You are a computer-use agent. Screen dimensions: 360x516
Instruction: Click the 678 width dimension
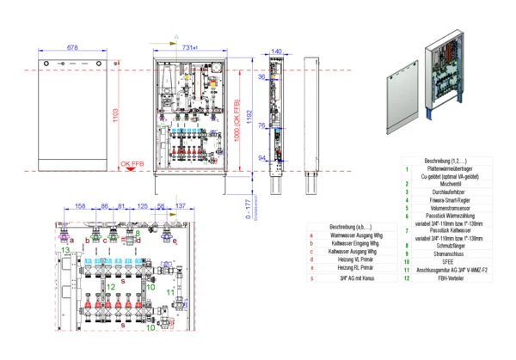pyautogui.click(x=72, y=46)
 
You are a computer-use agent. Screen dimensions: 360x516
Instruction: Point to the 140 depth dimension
pyautogui.click(x=275, y=52)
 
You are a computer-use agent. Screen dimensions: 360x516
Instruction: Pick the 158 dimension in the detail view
pyautogui.click(x=80, y=206)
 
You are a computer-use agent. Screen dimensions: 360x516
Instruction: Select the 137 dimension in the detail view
pyautogui.click(x=180, y=206)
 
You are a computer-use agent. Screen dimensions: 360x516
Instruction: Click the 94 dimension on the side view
pyautogui.click(x=261, y=158)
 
